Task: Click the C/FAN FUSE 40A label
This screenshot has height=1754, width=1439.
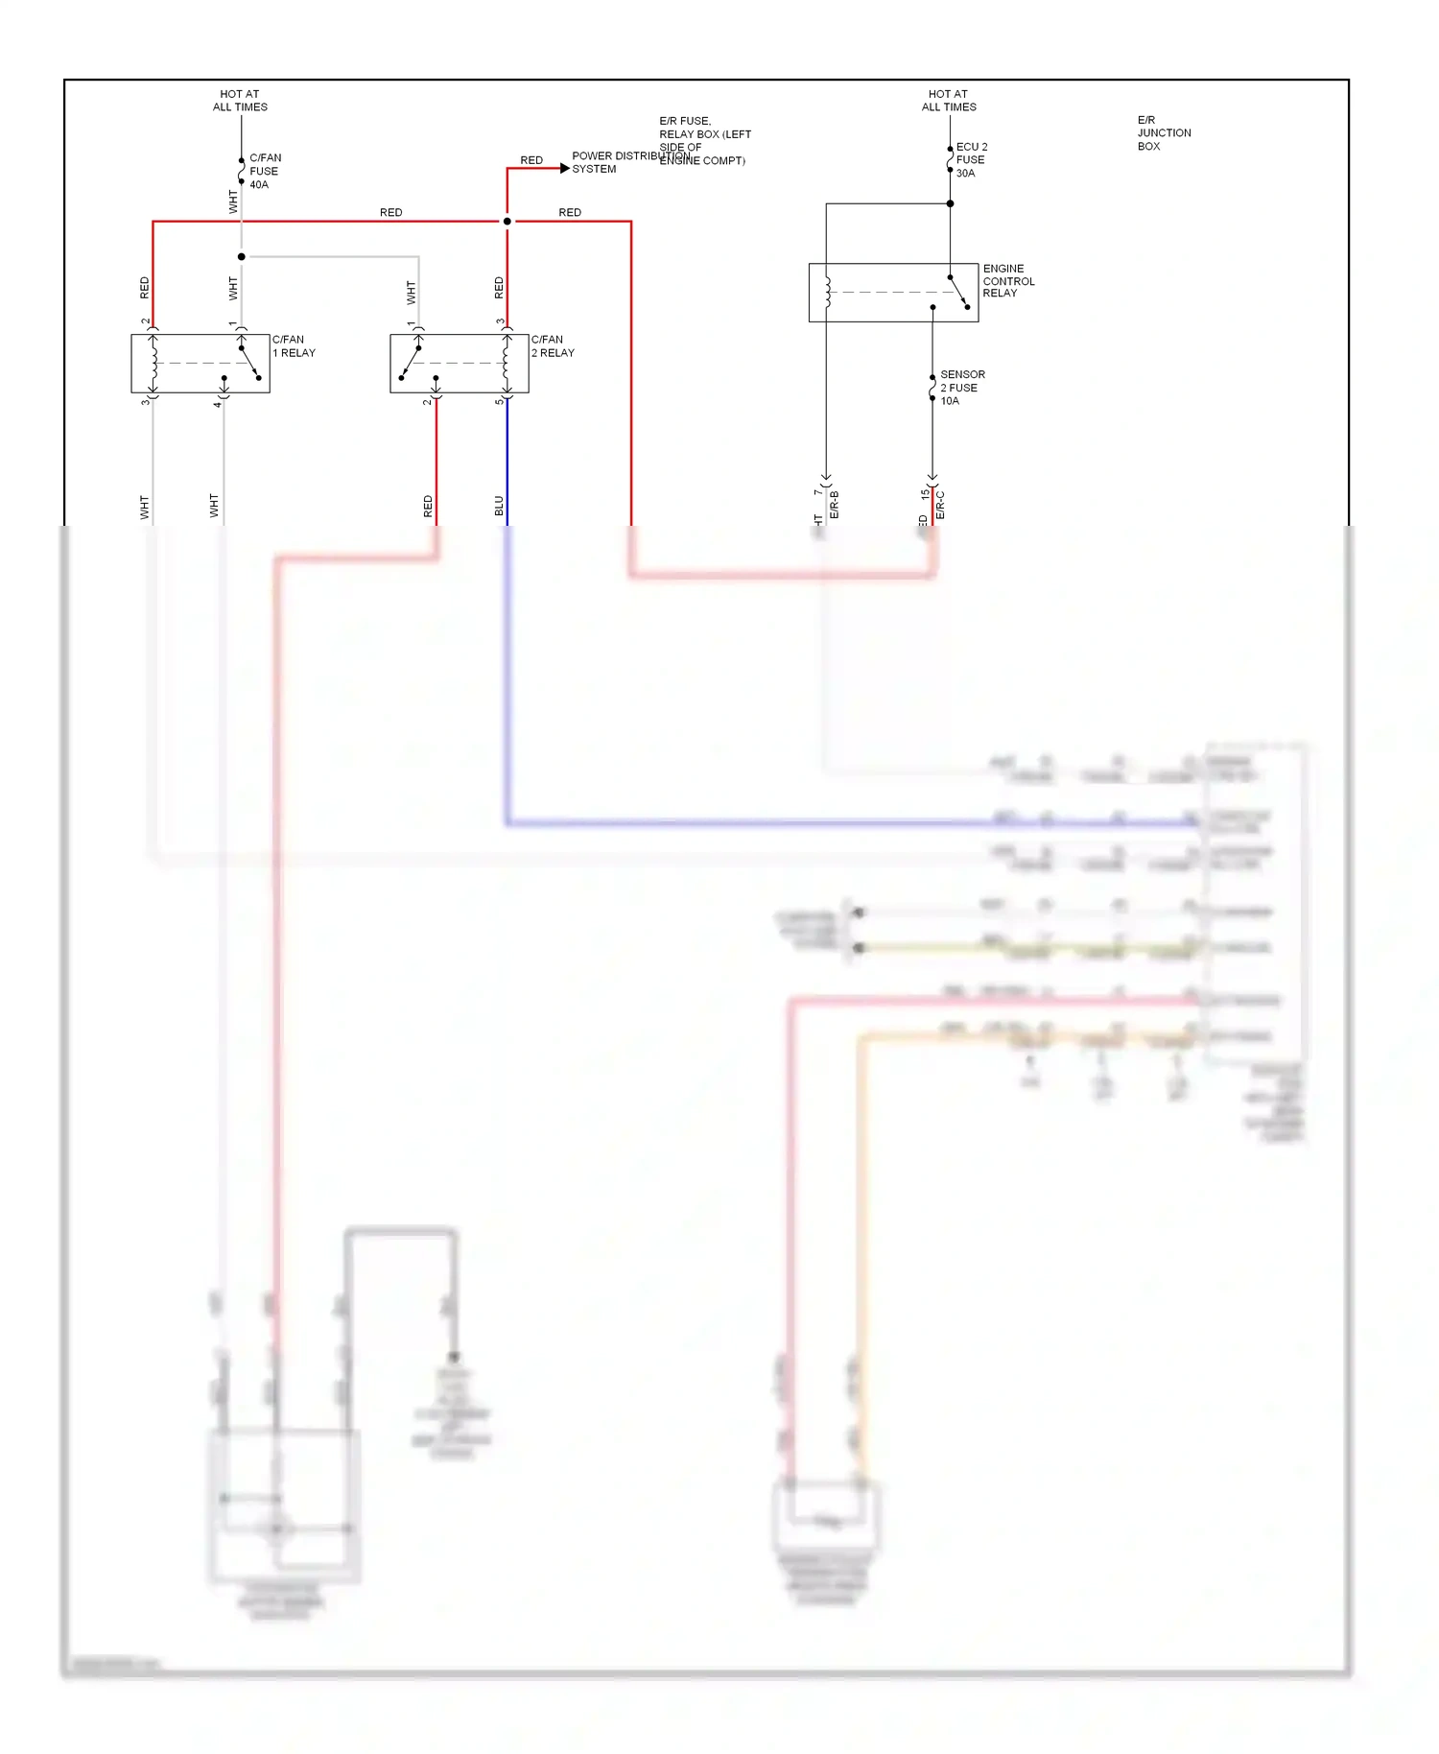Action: tap(264, 171)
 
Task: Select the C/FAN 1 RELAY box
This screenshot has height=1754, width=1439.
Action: tap(200, 363)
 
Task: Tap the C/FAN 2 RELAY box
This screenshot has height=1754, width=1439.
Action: tap(459, 363)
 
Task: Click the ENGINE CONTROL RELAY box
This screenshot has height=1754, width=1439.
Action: tap(892, 292)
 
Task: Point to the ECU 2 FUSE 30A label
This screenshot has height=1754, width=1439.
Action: tap(971, 159)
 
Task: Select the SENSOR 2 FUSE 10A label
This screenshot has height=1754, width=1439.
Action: tap(961, 387)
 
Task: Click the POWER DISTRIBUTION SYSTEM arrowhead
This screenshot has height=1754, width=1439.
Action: tap(565, 168)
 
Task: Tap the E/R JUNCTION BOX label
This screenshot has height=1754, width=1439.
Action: tap(1163, 132)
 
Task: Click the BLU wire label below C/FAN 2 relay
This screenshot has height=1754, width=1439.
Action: tap(499, 505)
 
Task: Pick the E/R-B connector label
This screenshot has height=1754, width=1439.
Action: tap(835, 505)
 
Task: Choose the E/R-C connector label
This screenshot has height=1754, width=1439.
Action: tap(940, 505)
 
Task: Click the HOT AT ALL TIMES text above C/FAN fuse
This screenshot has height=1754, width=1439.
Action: tap(240, 101)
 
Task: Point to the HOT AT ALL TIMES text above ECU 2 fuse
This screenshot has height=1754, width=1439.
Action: tap(949, 101)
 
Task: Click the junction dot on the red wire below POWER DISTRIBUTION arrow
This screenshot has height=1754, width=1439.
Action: tap(507, 222)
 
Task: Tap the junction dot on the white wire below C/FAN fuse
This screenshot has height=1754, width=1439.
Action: tap(241, 256)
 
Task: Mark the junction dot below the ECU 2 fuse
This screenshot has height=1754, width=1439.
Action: tap(950, 203)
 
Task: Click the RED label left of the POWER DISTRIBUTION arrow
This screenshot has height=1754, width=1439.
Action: tap(531, 160)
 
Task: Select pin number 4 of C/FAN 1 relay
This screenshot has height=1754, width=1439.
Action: tap(217, 404)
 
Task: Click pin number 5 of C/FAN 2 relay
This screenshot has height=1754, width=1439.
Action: tap(498, 401)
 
